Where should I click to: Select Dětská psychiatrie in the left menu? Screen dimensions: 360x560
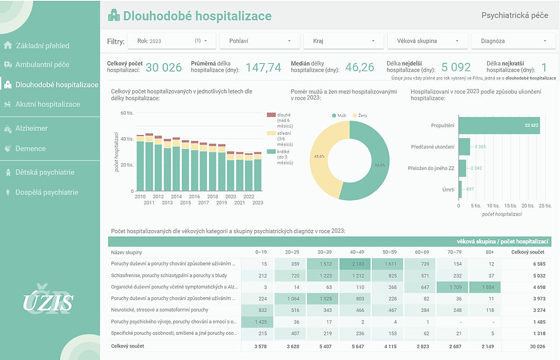[45, 172]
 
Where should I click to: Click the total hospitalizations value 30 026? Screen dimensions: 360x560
[164, 68]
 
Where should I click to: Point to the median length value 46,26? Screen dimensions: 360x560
[360, 68]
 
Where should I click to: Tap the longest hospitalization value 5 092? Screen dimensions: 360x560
[456, 68]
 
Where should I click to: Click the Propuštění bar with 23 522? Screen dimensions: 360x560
[498, 125]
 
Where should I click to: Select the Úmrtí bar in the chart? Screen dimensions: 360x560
[460, 189]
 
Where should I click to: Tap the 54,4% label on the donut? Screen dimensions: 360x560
[380, 165]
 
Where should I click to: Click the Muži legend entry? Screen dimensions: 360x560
[340, 115]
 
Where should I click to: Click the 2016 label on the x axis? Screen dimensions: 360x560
[194, 197]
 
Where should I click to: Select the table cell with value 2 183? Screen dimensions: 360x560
[355, 263]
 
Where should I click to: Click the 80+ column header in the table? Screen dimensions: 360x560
[491, 252]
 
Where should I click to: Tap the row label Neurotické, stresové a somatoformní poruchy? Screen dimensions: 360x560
[160, 310]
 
